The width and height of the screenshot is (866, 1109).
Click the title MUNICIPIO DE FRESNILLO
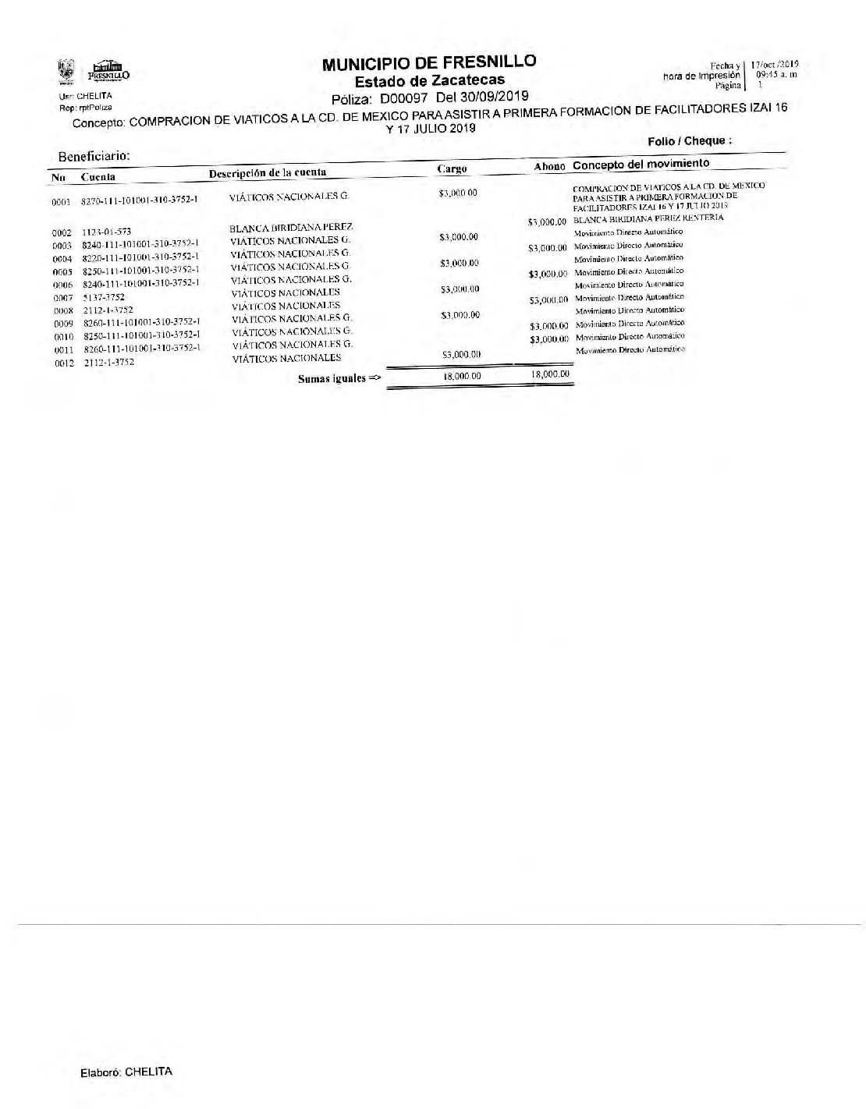pos(430,63)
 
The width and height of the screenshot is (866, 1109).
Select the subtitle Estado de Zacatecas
pos(430,80)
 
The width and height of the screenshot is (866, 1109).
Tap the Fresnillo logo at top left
pos(108,72)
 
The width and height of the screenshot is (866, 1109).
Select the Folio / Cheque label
pos(689,141)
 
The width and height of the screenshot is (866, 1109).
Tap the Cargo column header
pos(453,168)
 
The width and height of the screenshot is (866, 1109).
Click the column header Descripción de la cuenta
pos(268,172)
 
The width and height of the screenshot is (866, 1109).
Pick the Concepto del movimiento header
pos(641,165)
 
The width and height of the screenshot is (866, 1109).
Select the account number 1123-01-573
pos(107,232)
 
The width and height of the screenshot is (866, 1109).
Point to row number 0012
pos(63,363)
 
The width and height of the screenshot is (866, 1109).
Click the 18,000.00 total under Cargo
pos(458,376)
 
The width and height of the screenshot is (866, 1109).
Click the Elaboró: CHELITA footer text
pos(126,1072)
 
